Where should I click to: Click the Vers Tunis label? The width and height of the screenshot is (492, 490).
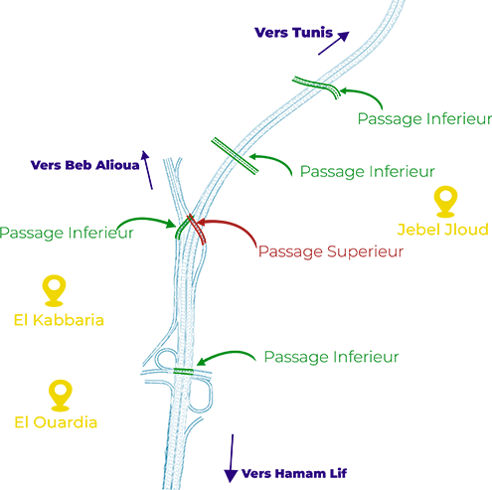coord(293,33)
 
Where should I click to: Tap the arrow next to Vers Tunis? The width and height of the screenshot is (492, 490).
coord(334,43)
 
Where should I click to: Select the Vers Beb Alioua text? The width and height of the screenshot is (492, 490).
coord(84,165)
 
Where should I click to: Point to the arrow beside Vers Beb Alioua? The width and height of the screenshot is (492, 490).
coord(147,170)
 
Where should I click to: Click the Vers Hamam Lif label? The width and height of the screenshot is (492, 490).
coord(294,473)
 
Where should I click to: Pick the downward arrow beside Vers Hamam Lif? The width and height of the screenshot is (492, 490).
coord(232,458)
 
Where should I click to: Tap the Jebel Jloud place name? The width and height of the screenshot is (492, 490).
coord(443,230)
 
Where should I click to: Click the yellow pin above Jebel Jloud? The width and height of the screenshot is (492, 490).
coord(445,202)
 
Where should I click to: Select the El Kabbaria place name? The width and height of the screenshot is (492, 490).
coord(59,320)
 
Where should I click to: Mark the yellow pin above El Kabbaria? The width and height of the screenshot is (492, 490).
coord(54,290)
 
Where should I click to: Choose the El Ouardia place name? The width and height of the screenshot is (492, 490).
coord(56,422)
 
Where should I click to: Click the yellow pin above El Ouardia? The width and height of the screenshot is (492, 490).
coord(60,396)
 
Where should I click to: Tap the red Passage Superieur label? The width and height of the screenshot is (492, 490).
coord(331,251)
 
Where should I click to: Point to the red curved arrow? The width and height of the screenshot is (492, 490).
coord(232,225)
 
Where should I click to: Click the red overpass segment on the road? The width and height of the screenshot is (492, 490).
coord(197,229)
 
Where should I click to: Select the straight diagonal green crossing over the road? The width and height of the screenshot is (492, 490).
coord(235,156)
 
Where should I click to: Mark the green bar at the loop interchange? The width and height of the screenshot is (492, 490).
coord(183,372)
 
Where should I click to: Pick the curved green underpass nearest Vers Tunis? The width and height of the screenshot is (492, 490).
coord(317,85)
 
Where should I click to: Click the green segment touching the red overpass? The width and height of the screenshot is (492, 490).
coord(182,229)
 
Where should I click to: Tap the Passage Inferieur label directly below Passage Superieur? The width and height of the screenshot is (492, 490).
coord(331,357)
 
